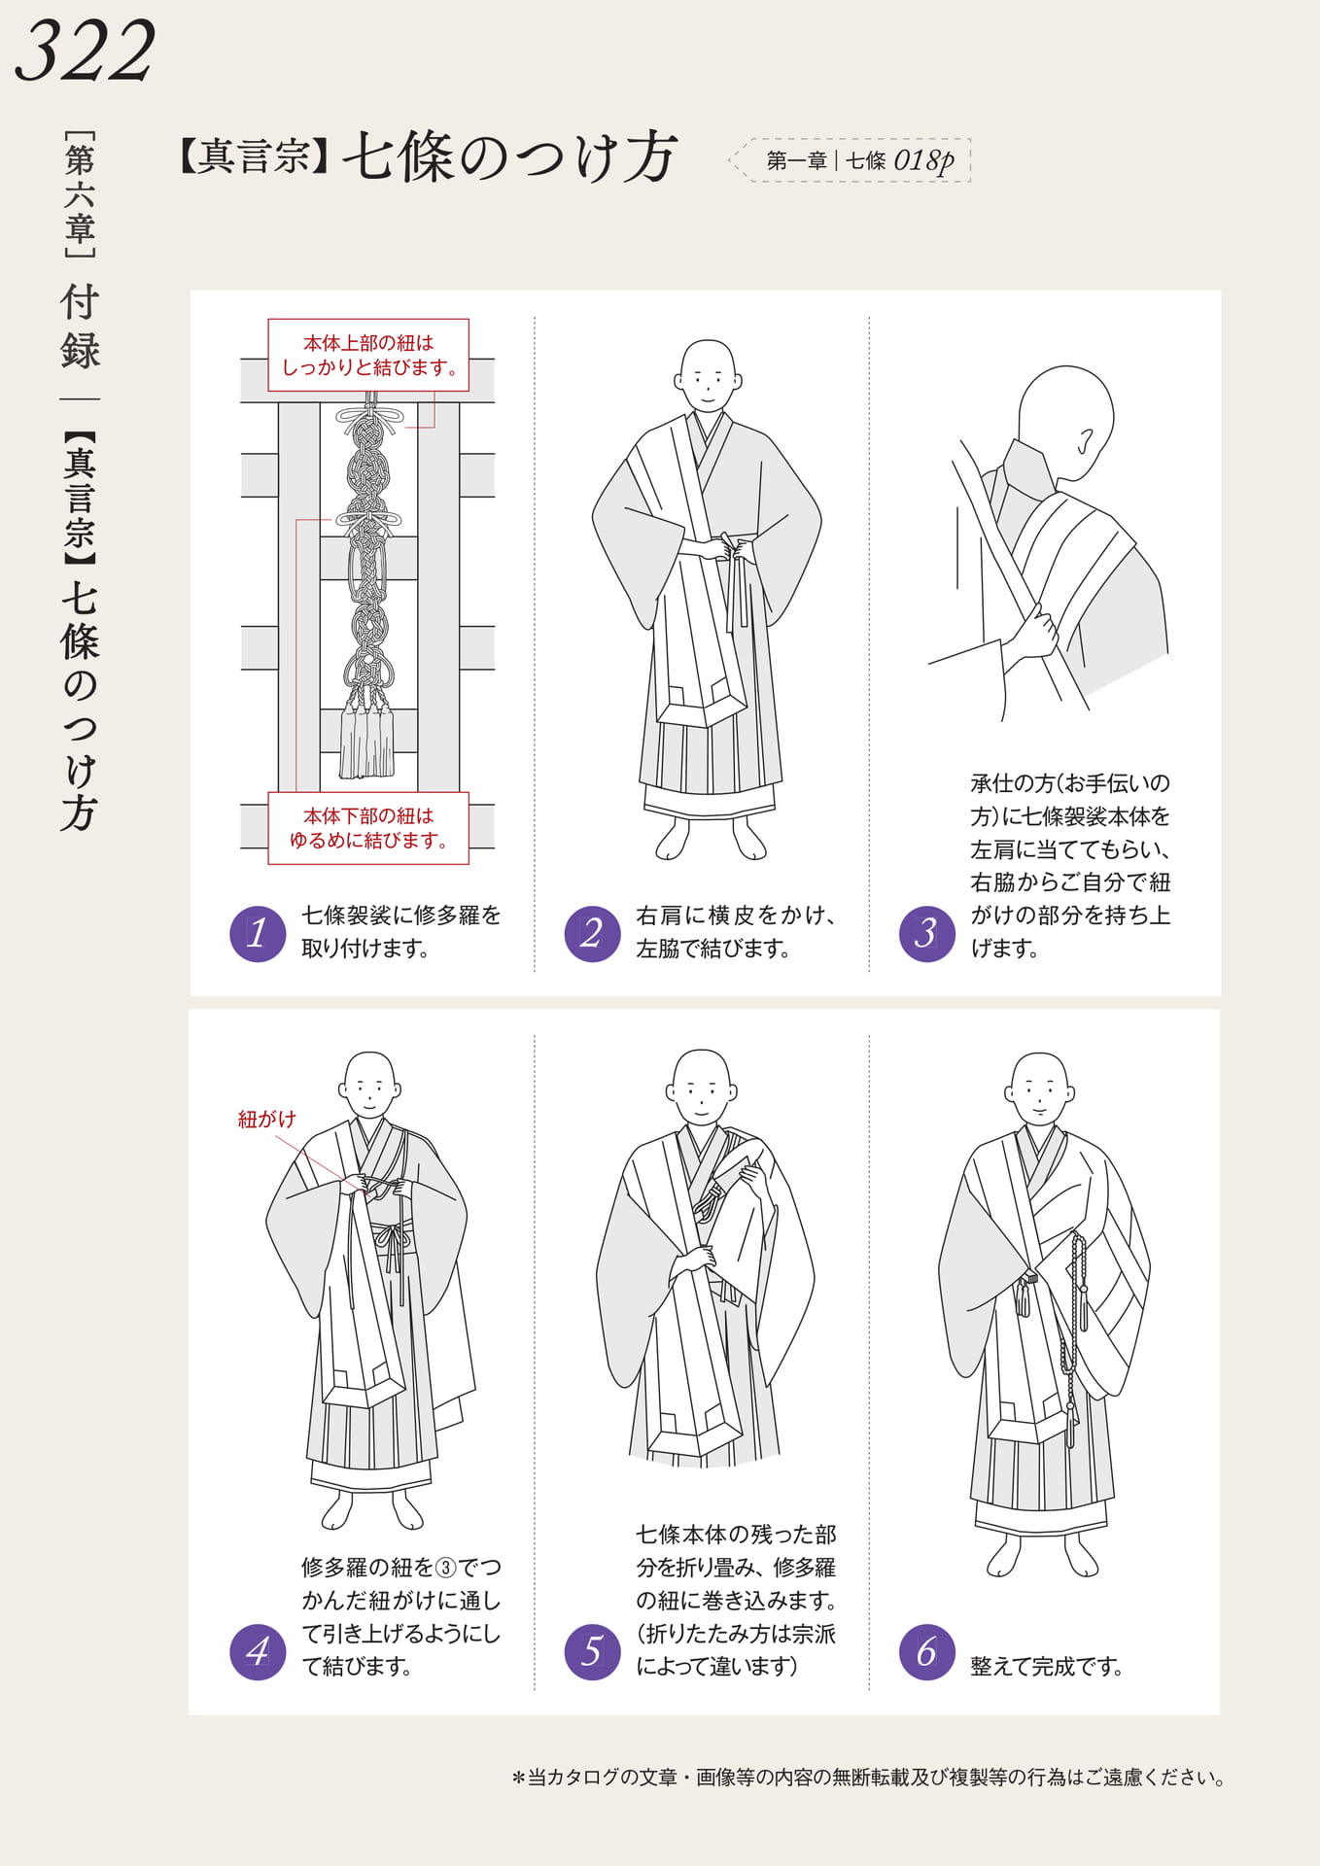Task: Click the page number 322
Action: [86, 51]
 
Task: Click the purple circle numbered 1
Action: [258, 934]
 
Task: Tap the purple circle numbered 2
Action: [592, 934]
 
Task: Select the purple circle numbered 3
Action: [927, 934]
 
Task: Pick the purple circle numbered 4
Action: [258, 1651]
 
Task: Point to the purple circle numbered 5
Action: [592, 1651]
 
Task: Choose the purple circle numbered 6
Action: [927, 1651]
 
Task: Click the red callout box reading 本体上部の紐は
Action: [368, 355]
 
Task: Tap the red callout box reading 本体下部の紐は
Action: [368, 828]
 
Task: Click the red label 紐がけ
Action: [266, 1120]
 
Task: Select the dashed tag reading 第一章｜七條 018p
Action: [851, 160]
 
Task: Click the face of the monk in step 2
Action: [708, 376]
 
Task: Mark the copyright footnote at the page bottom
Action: [868, 1778]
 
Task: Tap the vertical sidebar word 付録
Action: [80, 327]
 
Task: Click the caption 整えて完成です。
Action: [1047, 1667]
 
